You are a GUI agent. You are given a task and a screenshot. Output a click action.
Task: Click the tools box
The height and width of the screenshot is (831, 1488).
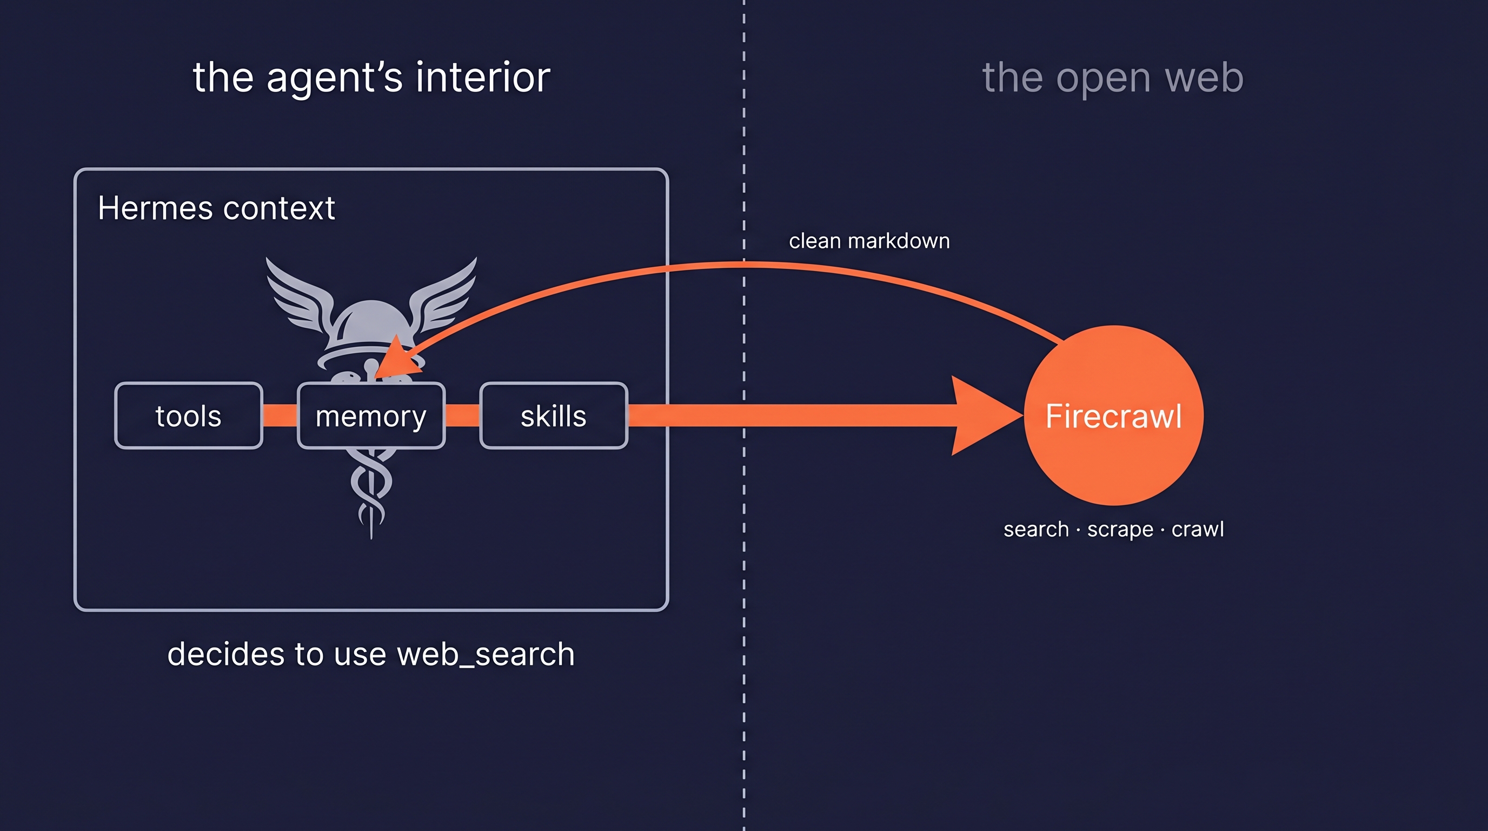(x=188, y=415)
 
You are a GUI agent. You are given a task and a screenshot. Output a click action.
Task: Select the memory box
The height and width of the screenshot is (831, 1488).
(x=371, y=415)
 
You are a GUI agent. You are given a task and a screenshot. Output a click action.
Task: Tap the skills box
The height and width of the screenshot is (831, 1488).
(x=553, y=415)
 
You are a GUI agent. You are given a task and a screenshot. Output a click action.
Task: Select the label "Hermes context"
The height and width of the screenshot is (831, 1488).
(x=216, y=208)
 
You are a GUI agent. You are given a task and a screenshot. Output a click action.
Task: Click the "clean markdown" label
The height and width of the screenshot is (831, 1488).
(x=869, y=241)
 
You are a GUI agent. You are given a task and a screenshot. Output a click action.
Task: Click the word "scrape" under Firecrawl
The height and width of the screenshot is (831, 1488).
(x=1119, y=529)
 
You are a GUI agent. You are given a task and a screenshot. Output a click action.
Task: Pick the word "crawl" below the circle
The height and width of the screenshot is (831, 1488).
(x=1198, y=529)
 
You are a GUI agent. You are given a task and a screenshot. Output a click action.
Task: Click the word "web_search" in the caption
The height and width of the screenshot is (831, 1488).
(x=485, y=654)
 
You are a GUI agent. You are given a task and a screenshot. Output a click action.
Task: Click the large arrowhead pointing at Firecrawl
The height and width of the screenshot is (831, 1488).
(x=982, y=415)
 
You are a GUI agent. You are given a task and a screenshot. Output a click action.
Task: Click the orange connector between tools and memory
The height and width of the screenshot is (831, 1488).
(x=280, y=415)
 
